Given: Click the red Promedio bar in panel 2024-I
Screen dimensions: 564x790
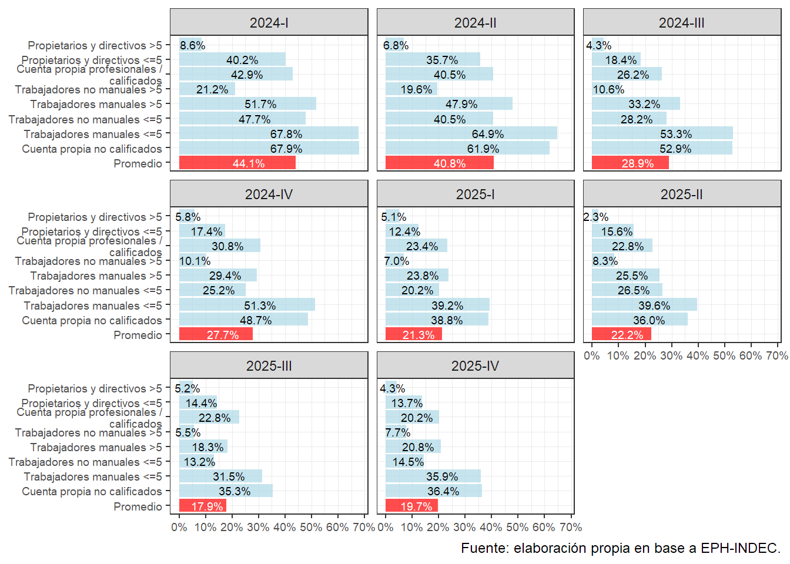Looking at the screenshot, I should (237, 163).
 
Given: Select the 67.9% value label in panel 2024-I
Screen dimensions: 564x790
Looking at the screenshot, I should (286, 149).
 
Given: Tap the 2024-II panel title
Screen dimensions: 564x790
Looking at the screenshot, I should (475, 23).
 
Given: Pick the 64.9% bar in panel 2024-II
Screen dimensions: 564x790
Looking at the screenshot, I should (471, 133).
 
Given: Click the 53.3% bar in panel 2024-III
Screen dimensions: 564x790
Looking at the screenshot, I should (662, 133).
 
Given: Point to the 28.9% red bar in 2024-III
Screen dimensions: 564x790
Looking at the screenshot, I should (630, 163).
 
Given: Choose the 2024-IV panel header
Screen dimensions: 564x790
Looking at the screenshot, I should (269, 194).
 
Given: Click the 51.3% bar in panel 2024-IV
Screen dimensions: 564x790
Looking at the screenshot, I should (247, 305).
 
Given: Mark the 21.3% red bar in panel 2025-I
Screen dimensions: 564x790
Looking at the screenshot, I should (413, 335).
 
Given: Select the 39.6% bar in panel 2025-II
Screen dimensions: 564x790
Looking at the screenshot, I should (644, 305).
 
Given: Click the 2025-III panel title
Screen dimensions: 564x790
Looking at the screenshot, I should (269, 366).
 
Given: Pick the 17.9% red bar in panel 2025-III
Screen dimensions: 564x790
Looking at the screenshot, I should (202, 506).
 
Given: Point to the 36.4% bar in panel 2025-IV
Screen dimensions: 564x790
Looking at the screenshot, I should (433, 491).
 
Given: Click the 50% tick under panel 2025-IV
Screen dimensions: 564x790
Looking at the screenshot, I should (517, 528).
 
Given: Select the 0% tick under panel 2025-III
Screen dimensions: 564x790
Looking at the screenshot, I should (179, 528).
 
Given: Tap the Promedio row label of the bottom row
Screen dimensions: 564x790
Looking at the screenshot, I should (138, 506).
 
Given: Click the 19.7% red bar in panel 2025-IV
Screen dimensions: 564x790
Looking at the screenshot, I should (411, 506).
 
